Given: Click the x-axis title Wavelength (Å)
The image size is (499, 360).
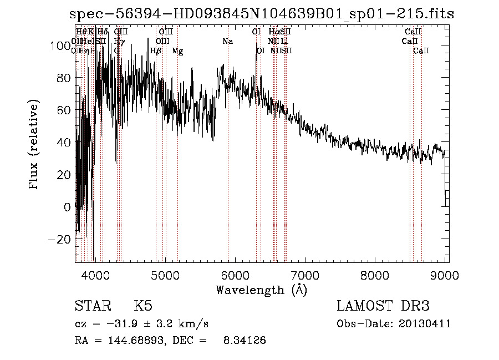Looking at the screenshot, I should (x=261, y=290).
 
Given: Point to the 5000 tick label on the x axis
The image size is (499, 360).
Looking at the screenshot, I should (x=165, y=274).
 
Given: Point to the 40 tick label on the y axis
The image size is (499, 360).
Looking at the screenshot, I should (x=64, y=143).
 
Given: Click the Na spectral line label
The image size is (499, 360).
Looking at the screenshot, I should (x=227, y=42).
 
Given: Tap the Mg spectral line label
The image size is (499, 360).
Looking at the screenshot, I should (x=177, y=51).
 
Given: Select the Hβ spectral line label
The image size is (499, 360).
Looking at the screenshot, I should (x=156, y=51).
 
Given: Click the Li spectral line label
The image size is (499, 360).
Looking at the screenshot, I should (x=284, y=42).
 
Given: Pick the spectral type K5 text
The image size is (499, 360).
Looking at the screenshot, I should (x=143, y=307).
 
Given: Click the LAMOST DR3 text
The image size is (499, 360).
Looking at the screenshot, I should (x=383, y=307).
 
